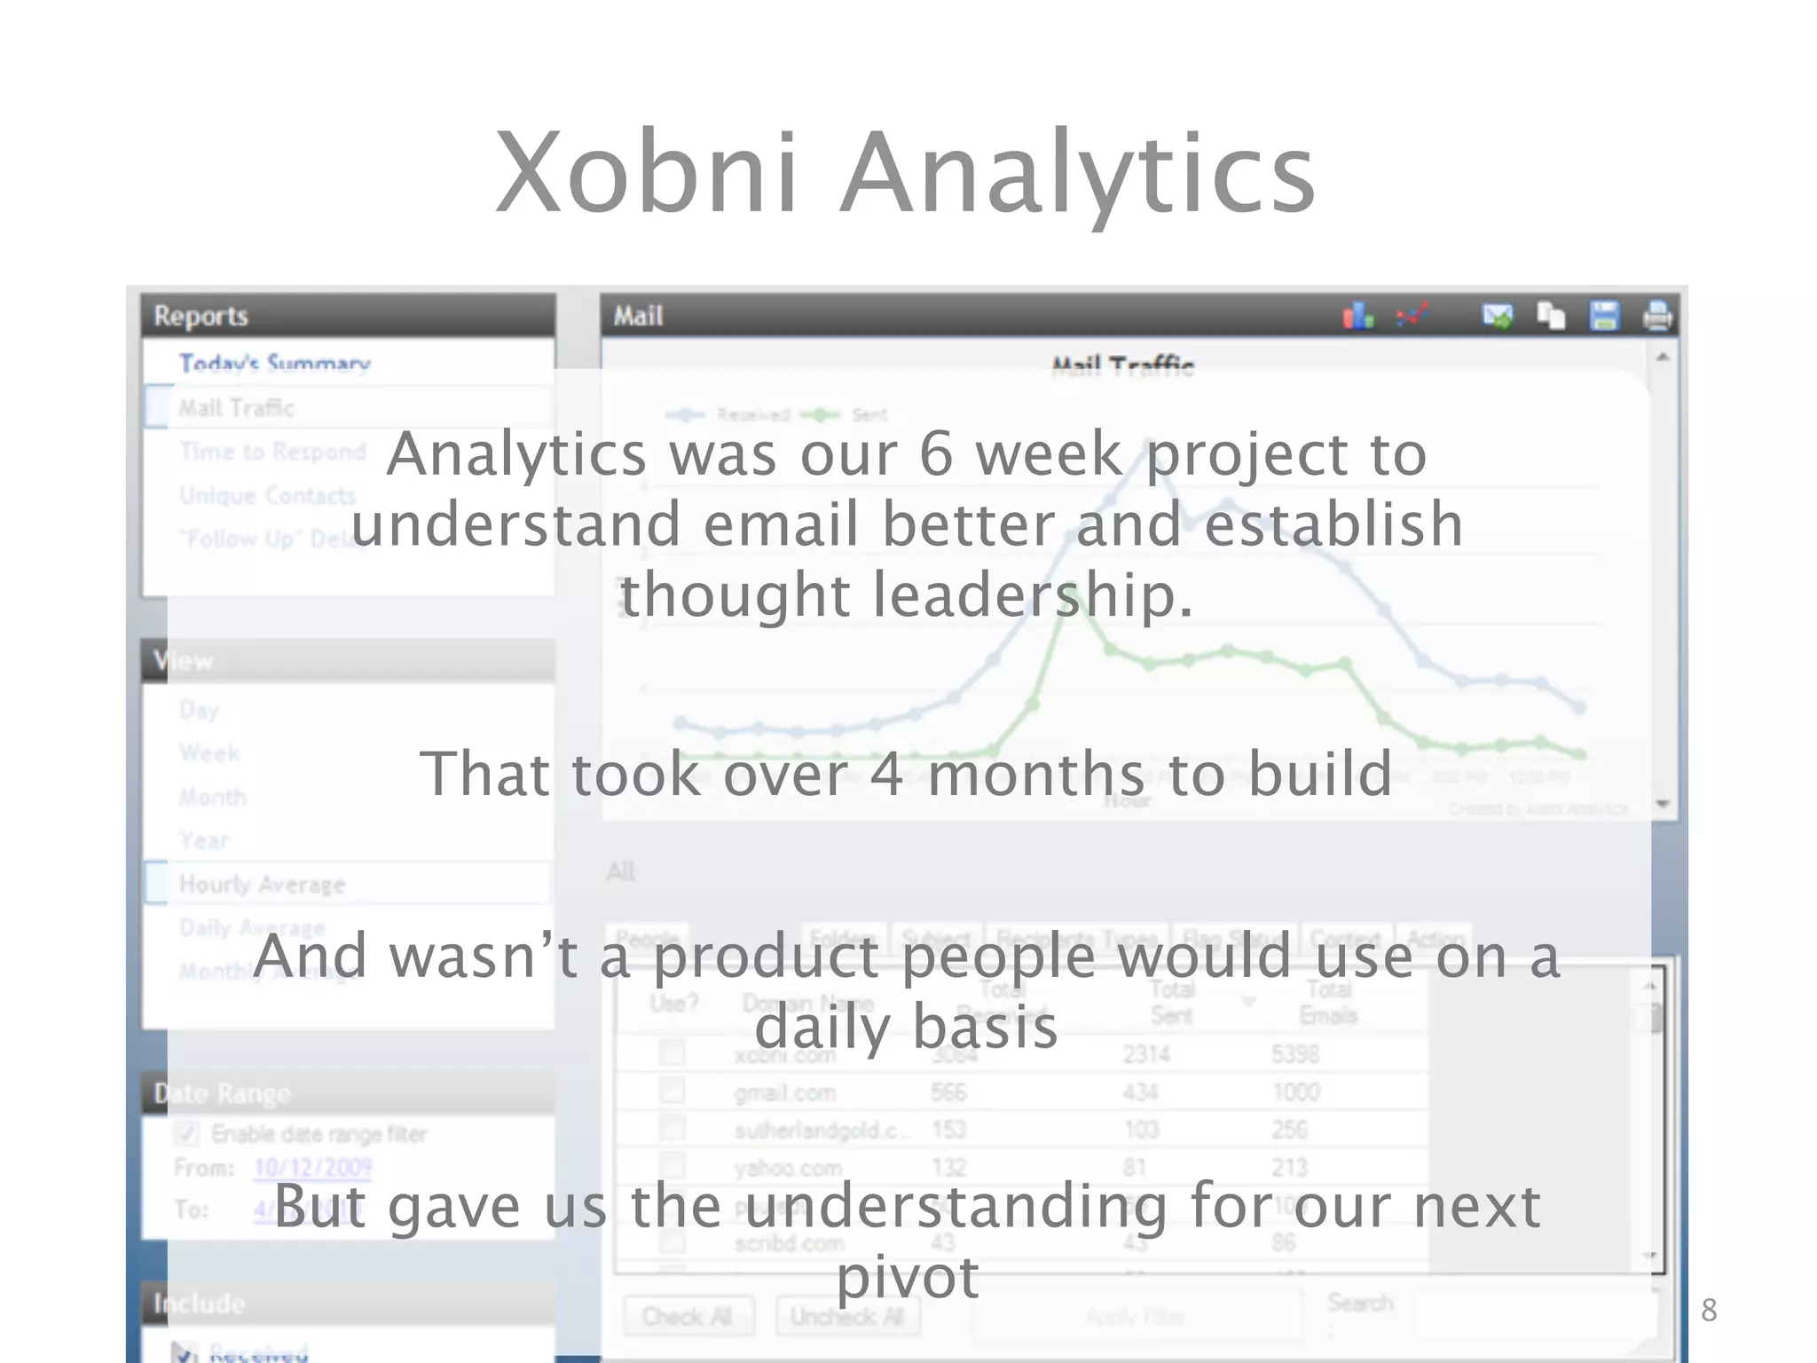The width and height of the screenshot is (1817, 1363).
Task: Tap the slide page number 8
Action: point(1709,1310)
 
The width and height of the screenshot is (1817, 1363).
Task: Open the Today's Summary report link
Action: point(274,363)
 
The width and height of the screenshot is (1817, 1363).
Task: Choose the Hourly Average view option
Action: point(262,884)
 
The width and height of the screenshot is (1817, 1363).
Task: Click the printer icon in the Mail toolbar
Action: point(1656,316)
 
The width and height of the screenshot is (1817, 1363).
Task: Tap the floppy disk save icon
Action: point(1604,316)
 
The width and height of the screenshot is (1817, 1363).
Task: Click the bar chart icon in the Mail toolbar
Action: point(1357,316)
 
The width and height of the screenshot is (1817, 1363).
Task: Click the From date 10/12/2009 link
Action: point(312,1167)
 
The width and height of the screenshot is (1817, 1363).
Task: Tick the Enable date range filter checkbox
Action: point(187,1134)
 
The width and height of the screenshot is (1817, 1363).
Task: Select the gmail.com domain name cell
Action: point(785,1092)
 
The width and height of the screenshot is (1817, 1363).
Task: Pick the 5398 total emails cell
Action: point(1295,1054)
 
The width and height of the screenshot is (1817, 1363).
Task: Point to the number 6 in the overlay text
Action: point(936,453)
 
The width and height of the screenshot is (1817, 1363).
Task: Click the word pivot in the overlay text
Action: point(908,1278)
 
